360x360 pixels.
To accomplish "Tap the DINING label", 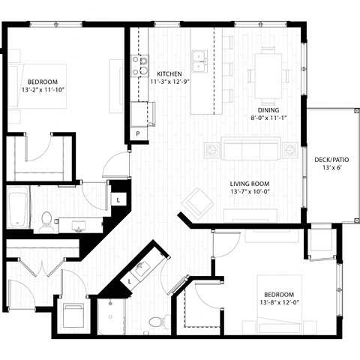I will pyautogui.click(x=267, y=108).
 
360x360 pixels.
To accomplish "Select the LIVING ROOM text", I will pyautogui.click(x=250, y=184).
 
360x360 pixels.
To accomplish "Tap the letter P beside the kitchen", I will pyautogui.click(x=138, y=133).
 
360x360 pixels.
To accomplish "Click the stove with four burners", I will pyautogui.click(x=140, y=66).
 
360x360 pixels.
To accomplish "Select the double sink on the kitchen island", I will pyautogui.click(x=200, y=57).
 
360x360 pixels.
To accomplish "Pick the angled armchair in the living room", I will pyautogui.click(x=198, y=201).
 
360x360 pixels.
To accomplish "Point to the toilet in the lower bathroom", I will pyautogui.click(x=156, y=322).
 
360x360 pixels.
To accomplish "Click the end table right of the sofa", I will pyautogui.click(x=289, y=151).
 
